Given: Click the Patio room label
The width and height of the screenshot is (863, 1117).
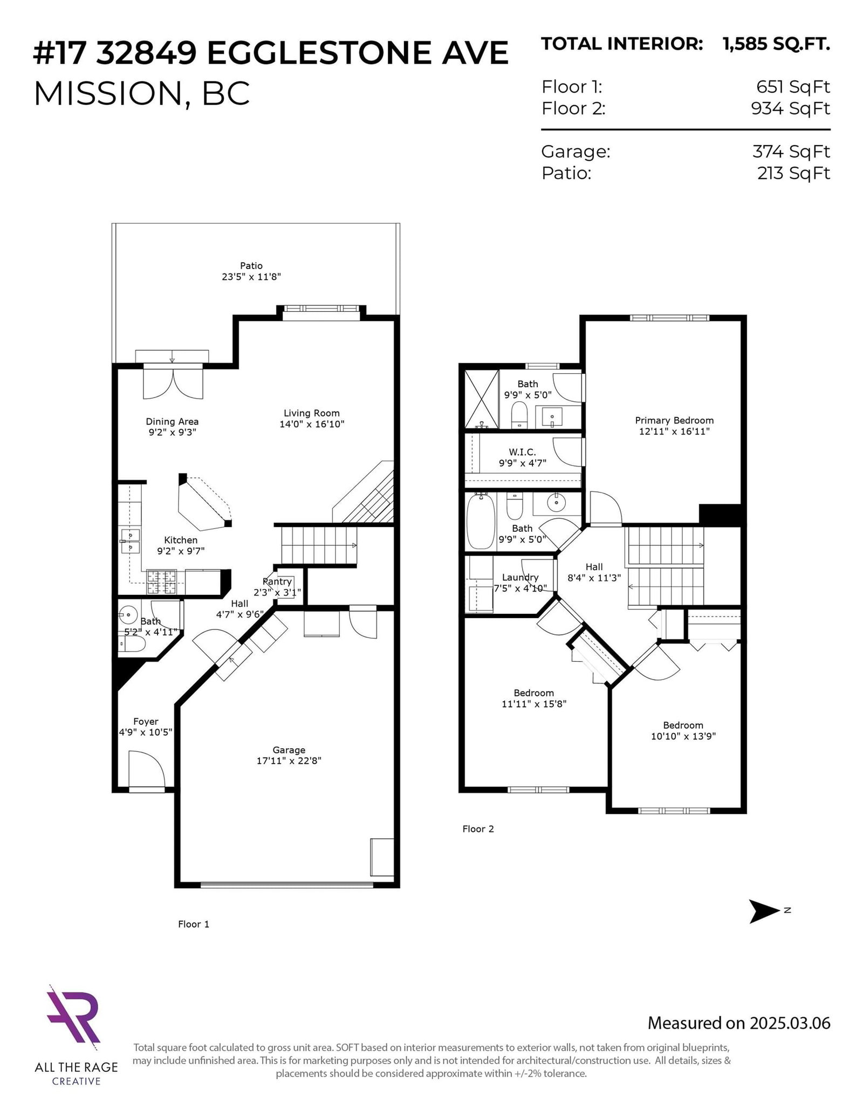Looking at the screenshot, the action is pyautogui.click(x=251, y=265).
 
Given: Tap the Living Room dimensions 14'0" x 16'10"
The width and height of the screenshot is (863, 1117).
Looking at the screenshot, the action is pyautogui.click(x=312, y=424).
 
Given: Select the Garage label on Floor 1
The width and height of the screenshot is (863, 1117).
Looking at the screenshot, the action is pyautogui.click(x=289, y=750).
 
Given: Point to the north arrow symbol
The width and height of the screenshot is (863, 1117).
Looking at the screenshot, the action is pyautogui.click(x=765, y=912).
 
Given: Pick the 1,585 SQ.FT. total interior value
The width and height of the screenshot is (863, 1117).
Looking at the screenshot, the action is pyautogui.click(x=776, y=44).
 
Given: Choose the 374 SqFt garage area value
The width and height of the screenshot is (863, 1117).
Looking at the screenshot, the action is pyautogui.click(x=791, y=152).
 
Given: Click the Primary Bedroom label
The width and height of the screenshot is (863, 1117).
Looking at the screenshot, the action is pyautogui.click(x=674, y=420).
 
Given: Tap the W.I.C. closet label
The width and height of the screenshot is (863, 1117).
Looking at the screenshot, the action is pyautogui.click(x=522, y=452).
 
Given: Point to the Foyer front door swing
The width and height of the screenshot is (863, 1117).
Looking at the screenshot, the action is pyautogui.click(x=146, y=771).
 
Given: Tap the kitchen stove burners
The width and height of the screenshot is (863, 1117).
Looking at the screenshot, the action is pyautogui.click(x=162, y=583).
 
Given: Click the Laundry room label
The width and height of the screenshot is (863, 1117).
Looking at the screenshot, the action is pyautogui.click(x=520, y=577).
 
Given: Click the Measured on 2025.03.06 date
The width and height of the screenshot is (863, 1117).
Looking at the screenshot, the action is pyautogui.click(x=738, y=1023).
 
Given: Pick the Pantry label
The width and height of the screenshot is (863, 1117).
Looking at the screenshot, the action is pyautogui.click(x=277, y=581).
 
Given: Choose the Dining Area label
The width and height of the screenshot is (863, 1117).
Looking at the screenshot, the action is pyautogui.click(x=172, y=421).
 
